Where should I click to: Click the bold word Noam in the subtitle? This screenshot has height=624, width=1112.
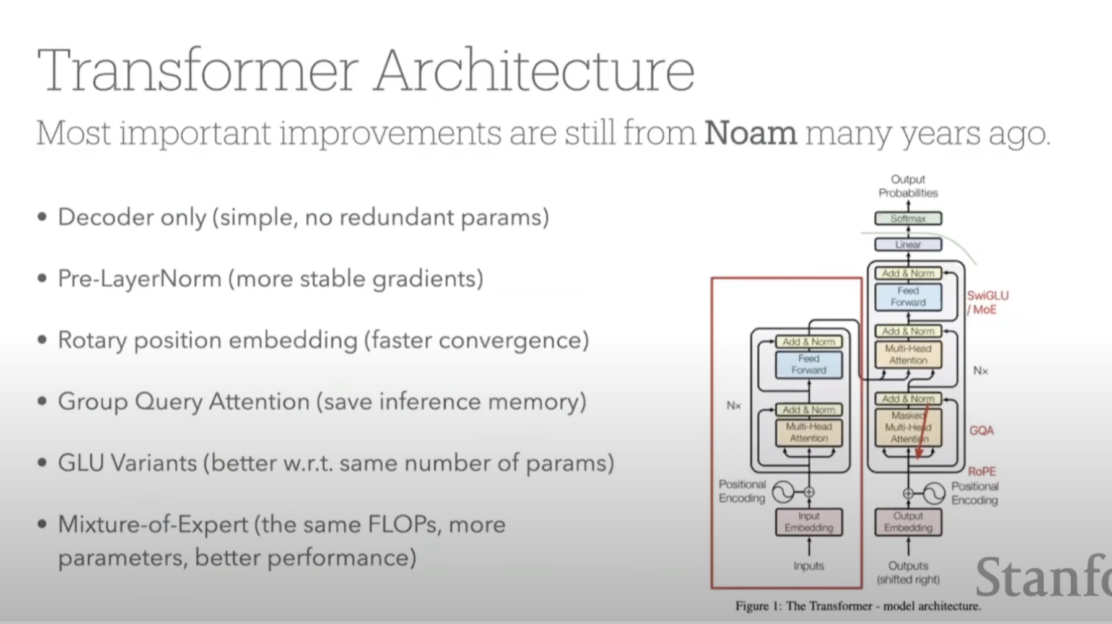[x=750, y=133]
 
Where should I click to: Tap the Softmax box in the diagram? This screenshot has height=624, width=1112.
[x=908, y=219]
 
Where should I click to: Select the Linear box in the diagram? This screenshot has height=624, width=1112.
[x=908, y=245]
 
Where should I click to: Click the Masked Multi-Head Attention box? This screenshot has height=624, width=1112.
[x=908, y=427]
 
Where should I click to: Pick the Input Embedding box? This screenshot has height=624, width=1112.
[x=809, y=522]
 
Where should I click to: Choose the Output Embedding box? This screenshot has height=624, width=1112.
[x=908, y=522]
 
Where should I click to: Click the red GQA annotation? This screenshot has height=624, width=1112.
[x=981, y=430]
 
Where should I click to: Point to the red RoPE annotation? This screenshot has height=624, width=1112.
[x=981, y=472]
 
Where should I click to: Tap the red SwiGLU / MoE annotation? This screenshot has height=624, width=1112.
[x=987, y=303]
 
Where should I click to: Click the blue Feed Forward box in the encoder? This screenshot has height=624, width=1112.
[x=809, y=364]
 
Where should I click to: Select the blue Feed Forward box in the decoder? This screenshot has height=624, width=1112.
[x=908, y=297]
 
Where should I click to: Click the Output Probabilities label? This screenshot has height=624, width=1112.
[x=908, y=186]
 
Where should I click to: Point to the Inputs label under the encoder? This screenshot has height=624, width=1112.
[x=809, y=566]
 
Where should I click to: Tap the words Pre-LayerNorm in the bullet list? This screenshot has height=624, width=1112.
[x=139, y=279]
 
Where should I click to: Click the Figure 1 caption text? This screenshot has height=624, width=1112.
[x=858, y=606]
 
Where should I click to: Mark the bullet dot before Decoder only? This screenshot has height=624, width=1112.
[x=42, y=217]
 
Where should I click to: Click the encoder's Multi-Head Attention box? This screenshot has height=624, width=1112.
[x=809, y=432]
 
